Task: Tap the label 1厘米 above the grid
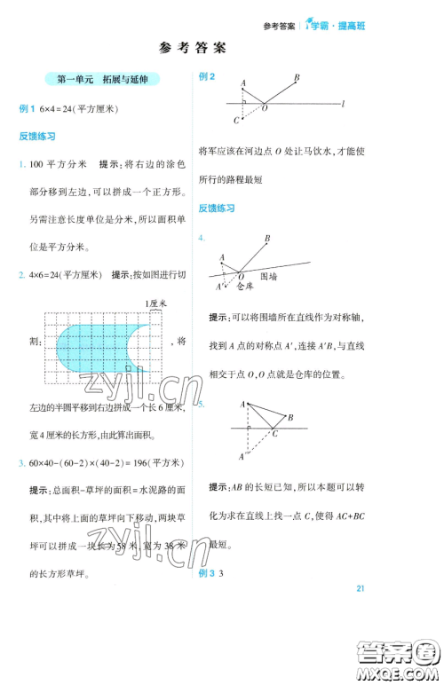[154, 303]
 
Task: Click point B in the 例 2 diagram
[296, 78]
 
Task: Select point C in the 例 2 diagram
[236, 121]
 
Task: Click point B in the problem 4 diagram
[267, 238]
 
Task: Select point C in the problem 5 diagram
[275, 434]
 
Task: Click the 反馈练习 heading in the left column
[37, 137]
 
